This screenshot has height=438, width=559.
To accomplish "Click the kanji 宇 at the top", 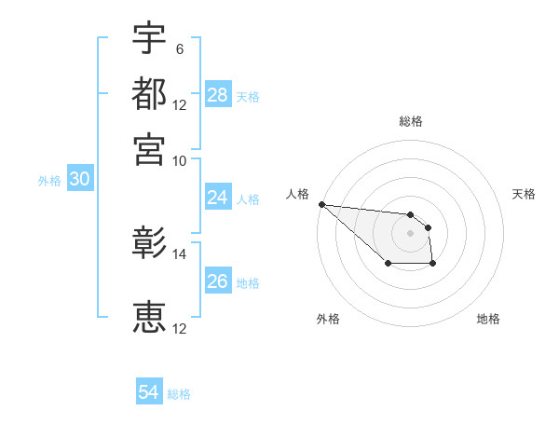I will [149, 38].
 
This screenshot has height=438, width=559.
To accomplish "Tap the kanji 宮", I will [149, 148].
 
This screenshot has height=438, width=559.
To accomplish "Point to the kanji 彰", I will [149, 244].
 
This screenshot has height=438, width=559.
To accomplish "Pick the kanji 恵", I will [149, 318].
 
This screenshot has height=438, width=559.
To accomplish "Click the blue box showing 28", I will [217, 95].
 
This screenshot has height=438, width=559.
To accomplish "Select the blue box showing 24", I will [217, 198].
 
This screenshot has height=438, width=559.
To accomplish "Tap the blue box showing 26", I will [217, 281].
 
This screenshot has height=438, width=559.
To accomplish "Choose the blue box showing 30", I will [79, 180].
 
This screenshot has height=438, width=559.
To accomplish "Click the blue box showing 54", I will [149, 393].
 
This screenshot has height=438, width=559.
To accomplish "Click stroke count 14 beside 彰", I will [180, 253].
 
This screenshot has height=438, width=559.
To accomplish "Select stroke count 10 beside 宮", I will [180, 159].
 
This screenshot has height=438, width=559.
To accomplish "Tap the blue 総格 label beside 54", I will [179, 394].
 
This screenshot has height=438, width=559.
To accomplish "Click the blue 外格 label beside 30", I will [49, 181].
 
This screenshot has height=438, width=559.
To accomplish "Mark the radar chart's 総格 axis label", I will [410, 121].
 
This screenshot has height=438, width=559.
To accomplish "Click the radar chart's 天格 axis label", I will [525, 194].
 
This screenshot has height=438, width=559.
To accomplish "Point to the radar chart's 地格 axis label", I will [488, 319].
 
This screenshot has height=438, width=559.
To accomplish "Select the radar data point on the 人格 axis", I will [321, 204].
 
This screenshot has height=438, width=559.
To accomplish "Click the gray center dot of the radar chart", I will [410, 233].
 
